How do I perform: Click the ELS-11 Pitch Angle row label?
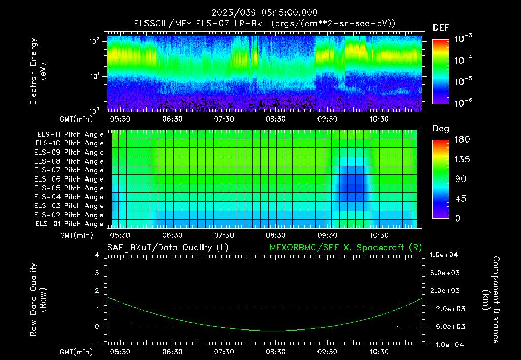[x=70, y=134]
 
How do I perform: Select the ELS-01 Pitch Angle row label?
[x=70, y=224]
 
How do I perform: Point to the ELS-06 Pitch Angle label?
[x=70, y=179]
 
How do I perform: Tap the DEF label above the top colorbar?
[x=441, y=27]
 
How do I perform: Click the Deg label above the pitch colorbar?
[x=441, y=129]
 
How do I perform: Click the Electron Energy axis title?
[x=38, y=71]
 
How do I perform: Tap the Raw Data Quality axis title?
[x=38, y=300]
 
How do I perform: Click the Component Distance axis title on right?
[x=491, y=300]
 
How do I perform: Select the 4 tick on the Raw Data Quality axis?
[x=97, y=255]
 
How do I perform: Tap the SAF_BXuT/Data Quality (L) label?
[x=167, y=247]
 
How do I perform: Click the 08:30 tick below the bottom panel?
[x=276, y=352]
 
